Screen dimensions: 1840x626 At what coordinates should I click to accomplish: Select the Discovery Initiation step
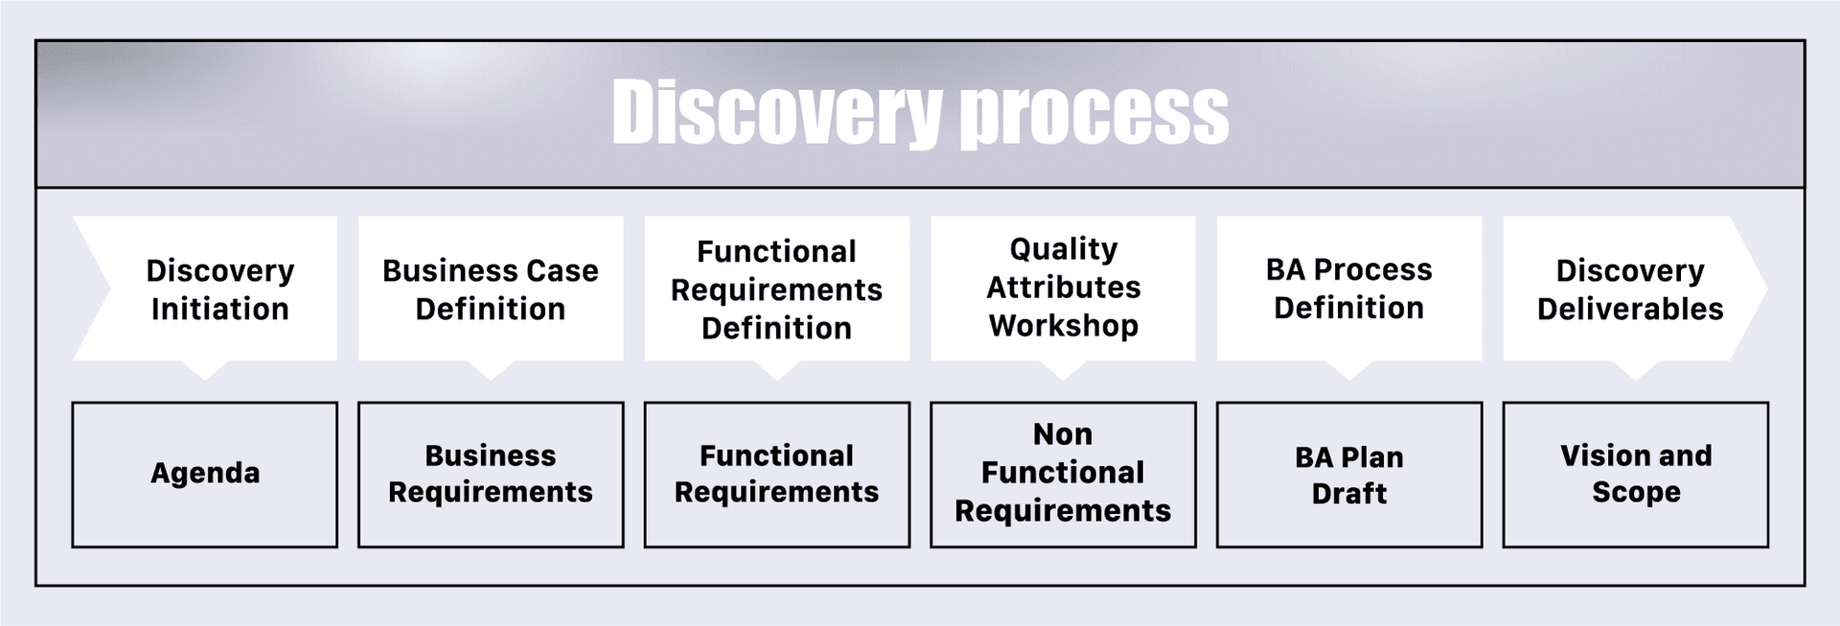pyautogui.click(x=205, y=289)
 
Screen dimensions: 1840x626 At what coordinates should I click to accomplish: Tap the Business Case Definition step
pyautogui.click(x=491, y=289)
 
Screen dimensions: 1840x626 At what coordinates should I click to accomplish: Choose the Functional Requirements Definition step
pyautogui.click(x=777, y=289)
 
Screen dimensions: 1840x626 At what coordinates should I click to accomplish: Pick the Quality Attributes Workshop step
pyautogui.click(x=1063, y=289)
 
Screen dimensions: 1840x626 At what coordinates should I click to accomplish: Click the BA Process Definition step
pyautogui.click(x=1349, y=289)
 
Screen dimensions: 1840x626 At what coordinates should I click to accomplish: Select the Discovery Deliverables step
pyautogui.click(x=1635, y=289)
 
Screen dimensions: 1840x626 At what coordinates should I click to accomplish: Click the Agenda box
pyautogui.click(x=205, y=475)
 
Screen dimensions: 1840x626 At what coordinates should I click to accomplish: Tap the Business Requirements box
pyautogui.click(x=491, y=475)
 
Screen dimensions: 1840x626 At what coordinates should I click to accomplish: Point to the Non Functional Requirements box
pyautogui.click(x=1063, y=475)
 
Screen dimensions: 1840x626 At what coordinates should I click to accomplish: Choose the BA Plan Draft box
pyautogui.click(x=1349, y=475)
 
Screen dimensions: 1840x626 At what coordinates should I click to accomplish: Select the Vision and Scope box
pyautogui.click(x=1635, y=475)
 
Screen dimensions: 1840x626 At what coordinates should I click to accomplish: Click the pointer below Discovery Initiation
pyautogui.click(x=205, y=370)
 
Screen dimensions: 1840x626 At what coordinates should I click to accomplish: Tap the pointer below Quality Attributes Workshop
pyautogui.click(x=1063, y=370)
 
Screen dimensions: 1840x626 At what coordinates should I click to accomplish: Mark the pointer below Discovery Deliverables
pyautogui.click(x=1635, y=370)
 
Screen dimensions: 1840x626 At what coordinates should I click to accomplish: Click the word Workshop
pyautogui.click(x=1064, y=326)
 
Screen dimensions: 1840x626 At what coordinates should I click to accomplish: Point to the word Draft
pyautogui.click(x=1349, y=493)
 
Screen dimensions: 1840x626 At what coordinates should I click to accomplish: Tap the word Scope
pyautogui.click(x=1636, y=493)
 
